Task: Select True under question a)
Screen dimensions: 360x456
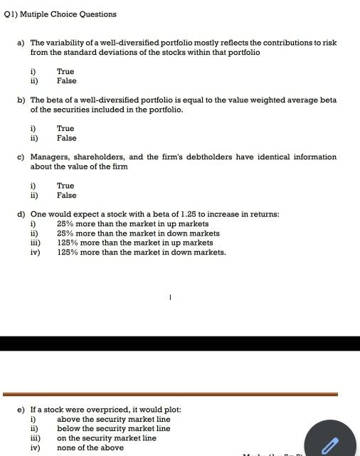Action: (65, 72)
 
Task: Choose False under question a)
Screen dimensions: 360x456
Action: (66, 81)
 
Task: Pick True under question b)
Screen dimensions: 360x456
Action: (65, 129)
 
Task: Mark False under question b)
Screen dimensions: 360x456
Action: (66, 138)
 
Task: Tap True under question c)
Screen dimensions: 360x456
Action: (65, 186)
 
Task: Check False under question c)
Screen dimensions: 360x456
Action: (66, 195)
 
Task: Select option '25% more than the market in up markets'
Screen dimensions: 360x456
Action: (132, 224)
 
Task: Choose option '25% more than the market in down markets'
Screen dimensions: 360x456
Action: (138, 233)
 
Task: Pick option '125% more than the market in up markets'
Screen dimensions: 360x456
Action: (134, 243)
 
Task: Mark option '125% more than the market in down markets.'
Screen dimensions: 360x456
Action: (141, 252)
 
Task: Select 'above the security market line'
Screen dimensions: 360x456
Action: (114, 420)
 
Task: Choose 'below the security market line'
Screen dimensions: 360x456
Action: (114, 429)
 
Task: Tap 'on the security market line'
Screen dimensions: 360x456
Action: (107, 438)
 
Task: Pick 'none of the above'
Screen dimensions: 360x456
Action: (90, 447)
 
